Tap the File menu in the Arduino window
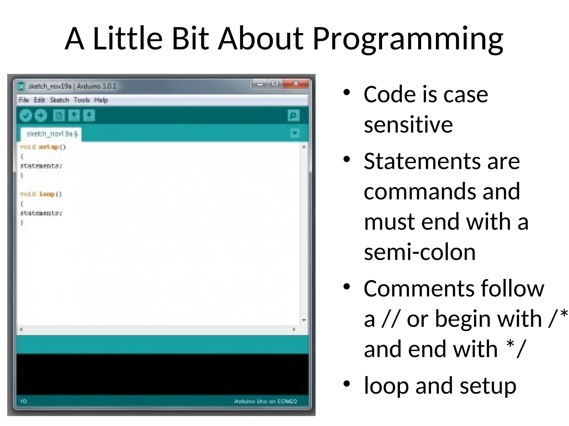(24, 100)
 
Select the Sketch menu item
(59, 100)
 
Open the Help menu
(101, 100)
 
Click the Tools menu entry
(82, 100)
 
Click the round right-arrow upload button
(41, 115)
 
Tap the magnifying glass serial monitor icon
(293, 115)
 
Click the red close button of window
(296, 83)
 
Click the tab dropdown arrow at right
(295, 133)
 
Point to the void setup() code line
(43, 147)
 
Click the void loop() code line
(41, 194)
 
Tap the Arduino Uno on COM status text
(266, 401)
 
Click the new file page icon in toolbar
(59, 115)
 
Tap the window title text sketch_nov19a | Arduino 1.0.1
(72, 86)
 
